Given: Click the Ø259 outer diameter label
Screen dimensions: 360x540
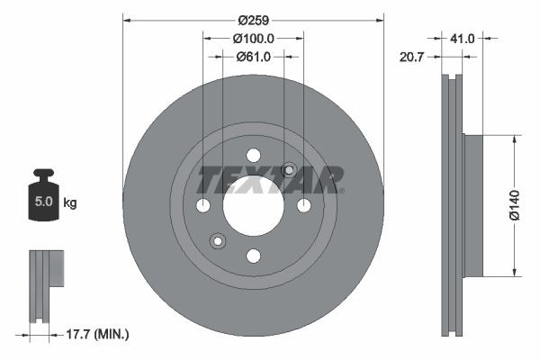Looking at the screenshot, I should click(253, 18).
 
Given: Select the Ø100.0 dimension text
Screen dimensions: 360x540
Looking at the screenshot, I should click(253, 39).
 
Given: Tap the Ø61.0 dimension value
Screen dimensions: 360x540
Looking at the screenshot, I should click(254, 57).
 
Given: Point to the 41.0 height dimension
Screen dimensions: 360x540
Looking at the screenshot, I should click(463, 39).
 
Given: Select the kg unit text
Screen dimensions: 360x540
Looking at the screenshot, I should click(70, 202).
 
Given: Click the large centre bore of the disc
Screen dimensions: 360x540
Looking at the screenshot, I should click(253, 205).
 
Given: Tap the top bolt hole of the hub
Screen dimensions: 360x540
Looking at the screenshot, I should click(253, 155).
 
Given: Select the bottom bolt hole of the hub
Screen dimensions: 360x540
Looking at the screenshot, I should click(253, 256).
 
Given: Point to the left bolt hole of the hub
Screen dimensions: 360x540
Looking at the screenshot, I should click(202, 206).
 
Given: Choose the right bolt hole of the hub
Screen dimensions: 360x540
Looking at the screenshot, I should click(303, 206).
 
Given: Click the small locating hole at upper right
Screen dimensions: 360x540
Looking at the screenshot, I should click(289, 170).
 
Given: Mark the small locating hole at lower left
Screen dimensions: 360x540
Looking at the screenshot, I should click(217, 240).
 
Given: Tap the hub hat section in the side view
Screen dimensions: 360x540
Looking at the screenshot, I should click(473, 205).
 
